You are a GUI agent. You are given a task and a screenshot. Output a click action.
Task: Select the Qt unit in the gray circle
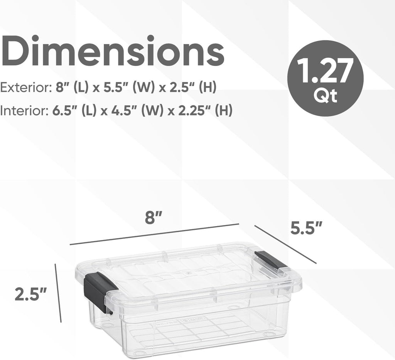click(x=326, y=96)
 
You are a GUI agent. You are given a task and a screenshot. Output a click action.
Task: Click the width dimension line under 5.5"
click(x=286, y=245)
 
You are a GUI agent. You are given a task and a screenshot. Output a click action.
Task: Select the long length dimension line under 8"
click(x=154, y=234)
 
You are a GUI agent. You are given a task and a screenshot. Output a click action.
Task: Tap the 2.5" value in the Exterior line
click(x=185, y=88)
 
